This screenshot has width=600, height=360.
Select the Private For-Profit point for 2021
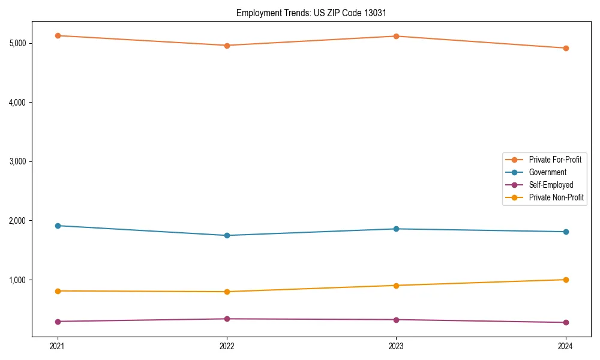[58, 35]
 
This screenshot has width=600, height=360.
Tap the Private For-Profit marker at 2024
[565, 48]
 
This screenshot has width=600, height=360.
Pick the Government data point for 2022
[227, 235]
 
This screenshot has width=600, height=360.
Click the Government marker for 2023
[396, 229]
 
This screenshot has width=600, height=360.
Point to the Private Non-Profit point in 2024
[565, 280]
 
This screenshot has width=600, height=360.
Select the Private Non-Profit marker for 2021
[58, 291]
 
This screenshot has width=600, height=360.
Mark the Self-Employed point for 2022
[227, 319]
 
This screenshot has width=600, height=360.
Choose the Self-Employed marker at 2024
[565, 322]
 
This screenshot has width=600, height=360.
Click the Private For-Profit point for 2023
[396, 36]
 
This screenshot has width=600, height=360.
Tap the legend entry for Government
[547, 172]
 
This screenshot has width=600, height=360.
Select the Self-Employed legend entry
[551, 185]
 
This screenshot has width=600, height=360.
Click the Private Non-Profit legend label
[556, 197]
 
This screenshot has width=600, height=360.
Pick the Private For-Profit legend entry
[555, 160]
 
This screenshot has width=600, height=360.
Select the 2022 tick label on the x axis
[227, 346]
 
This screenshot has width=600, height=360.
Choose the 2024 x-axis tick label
[565, 346]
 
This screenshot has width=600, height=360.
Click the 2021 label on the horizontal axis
[58, 346]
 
